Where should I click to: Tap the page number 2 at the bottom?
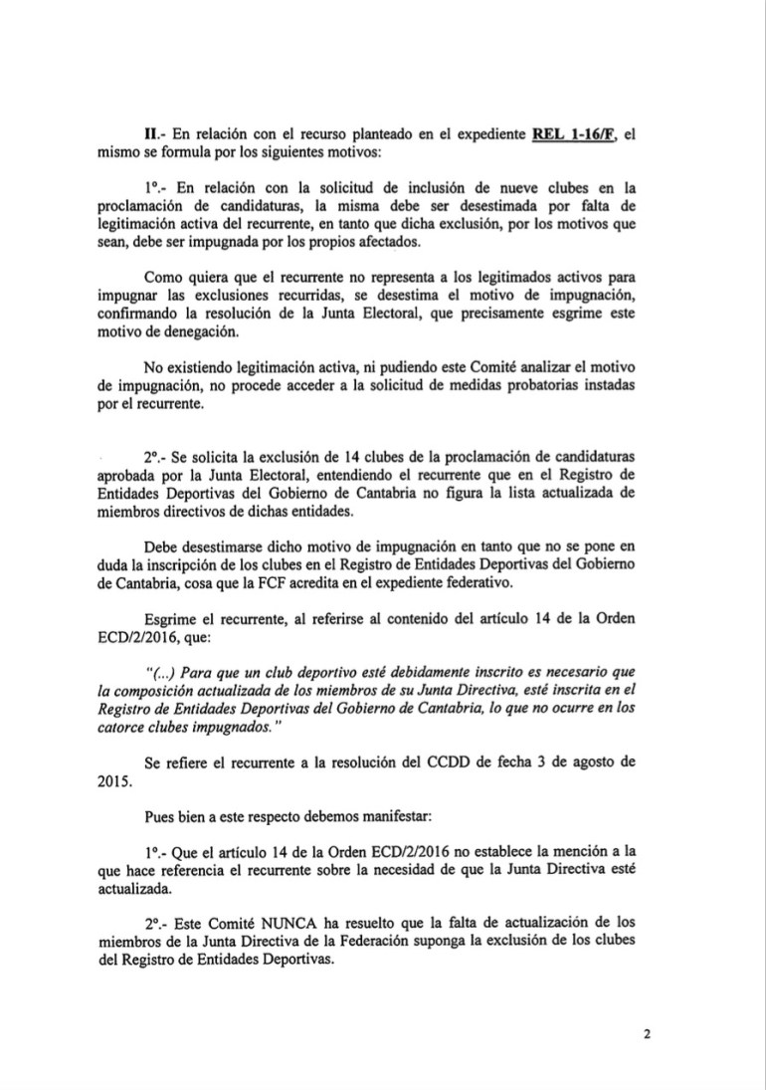point(646,1033)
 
